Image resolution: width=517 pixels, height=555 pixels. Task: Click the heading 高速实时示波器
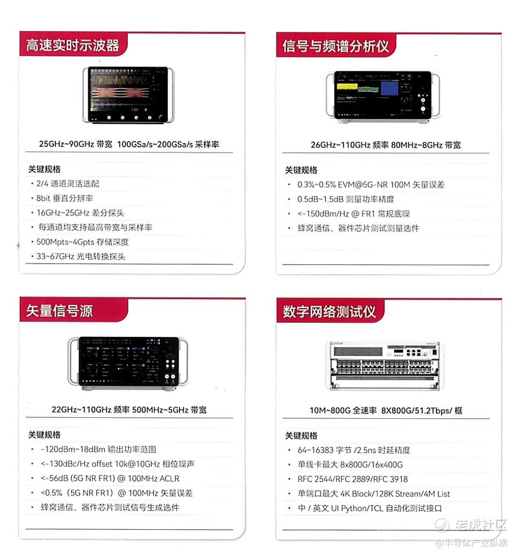point(73,45)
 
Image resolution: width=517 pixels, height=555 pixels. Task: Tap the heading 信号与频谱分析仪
point(336,46)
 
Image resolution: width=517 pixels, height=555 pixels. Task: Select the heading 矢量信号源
point(59,311)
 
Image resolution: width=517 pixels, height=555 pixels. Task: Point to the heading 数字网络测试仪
point(329,311)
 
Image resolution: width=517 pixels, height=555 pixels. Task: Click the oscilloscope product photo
point(128,95)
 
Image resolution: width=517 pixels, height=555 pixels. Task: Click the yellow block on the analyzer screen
point(347,87)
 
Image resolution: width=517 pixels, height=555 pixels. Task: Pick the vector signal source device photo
point(128,363)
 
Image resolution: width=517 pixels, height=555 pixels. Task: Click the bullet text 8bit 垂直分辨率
point(65,198)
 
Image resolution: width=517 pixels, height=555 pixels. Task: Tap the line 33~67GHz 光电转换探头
point(81,256)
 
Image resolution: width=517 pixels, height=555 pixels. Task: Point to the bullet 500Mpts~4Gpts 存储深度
point(82,242)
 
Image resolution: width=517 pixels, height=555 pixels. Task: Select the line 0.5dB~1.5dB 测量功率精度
point(346,200)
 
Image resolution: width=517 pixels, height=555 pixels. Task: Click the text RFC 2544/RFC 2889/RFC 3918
point(353,479)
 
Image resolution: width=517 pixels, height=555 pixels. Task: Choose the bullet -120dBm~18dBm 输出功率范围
point(99,450)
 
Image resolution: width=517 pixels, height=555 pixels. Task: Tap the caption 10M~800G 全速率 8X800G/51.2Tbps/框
point(386,411)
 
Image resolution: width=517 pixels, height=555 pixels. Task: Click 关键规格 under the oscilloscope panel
point(44,169)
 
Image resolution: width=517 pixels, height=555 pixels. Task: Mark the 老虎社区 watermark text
point(481,525)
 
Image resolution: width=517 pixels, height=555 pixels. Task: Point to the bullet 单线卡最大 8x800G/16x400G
point(350,465)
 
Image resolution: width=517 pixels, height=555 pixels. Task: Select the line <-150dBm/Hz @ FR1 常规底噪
point(353,214)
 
